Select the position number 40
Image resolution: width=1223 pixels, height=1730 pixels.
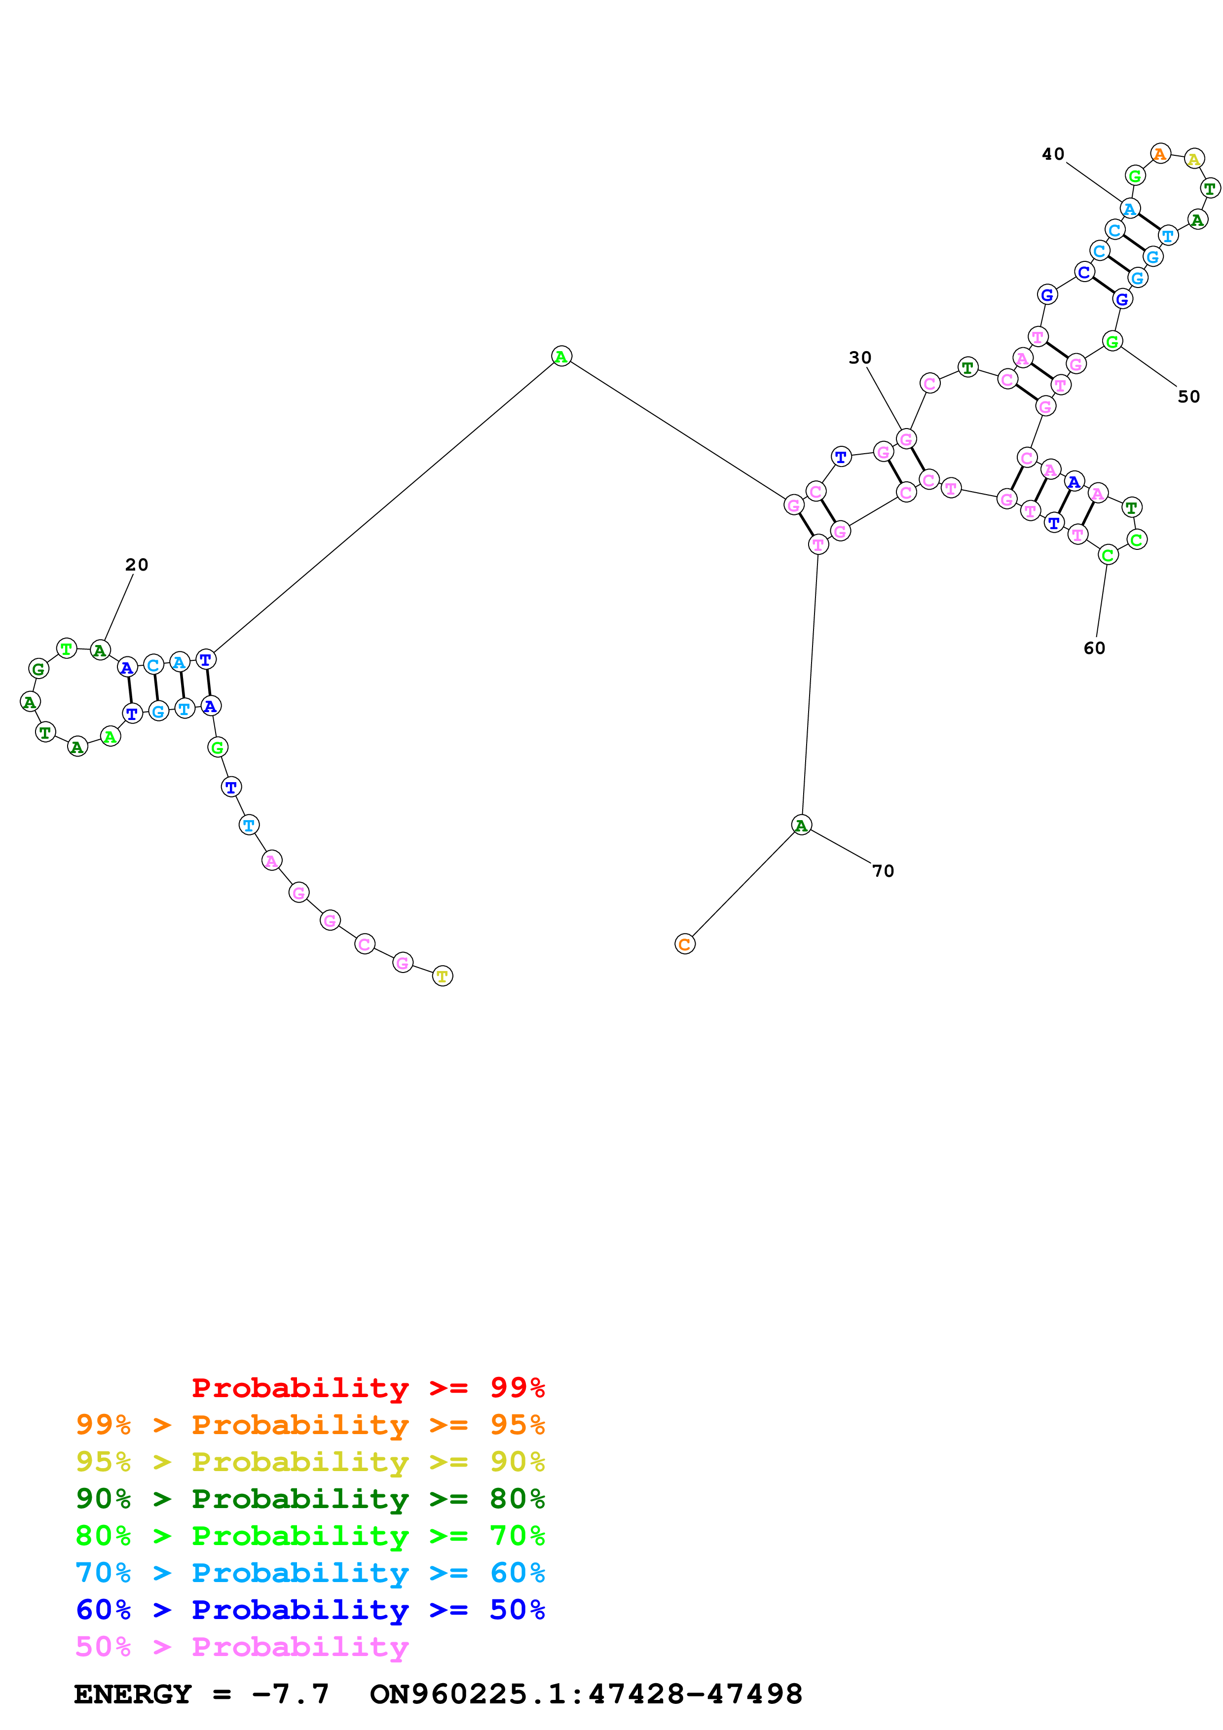pos(1053,154)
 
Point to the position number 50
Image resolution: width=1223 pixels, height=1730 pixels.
pos(1188,396)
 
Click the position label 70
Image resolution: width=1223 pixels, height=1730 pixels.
pos(883,871)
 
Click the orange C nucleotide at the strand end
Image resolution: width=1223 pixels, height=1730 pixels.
pos(684,944)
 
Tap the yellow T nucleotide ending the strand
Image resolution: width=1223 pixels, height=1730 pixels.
pos(443,976)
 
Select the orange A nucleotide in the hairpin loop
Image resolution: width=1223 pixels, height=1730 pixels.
pos(1160,154)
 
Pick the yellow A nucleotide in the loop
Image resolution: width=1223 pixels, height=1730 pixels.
pos(1193,159)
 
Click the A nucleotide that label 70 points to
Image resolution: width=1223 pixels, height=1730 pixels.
pos(801,825)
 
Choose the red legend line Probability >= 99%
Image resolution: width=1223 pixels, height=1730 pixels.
pos(368,1388)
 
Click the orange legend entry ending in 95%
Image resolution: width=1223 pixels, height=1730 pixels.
pos(310,1425)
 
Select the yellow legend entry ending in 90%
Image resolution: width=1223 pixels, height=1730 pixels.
pos(310,1462)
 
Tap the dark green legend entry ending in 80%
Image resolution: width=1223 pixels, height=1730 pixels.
pos(310,1499)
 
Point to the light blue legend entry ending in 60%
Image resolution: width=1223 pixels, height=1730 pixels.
pos(310,1573)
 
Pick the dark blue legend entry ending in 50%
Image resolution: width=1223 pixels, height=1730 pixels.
pos(310,1610)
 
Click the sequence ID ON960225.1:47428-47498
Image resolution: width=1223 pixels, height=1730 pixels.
pos(586,1694)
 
